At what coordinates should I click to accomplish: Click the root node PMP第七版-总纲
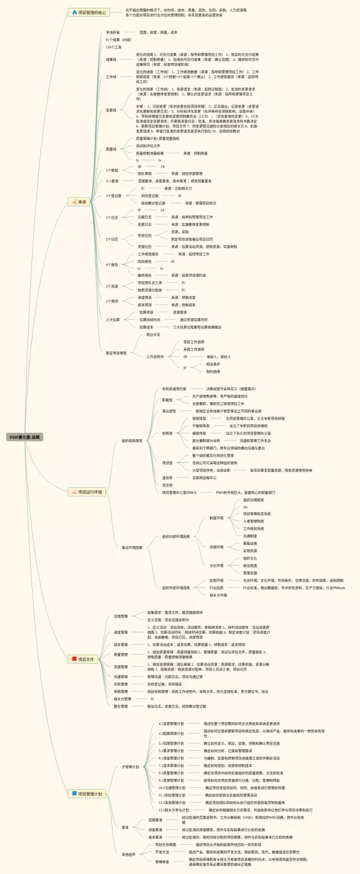pos(25,436)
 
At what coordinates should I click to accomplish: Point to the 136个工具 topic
pos(114,47)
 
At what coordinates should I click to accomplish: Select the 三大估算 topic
pos(113,319)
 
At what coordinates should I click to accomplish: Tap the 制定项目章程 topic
pos(116,353)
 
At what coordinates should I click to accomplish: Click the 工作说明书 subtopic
pos(155,357)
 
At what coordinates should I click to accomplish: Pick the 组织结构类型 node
pos(132,440)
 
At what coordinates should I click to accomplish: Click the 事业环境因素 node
pos(132,547)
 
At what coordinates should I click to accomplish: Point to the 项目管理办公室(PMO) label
pos(179,492)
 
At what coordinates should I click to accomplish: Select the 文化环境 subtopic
pos(217,565)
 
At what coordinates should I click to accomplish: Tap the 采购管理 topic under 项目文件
pos(121,691)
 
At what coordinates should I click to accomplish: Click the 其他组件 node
pos(129,854)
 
